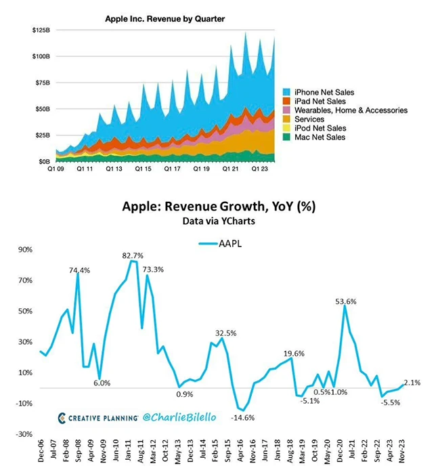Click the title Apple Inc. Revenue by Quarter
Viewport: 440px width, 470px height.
165,19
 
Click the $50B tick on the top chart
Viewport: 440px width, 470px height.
43,109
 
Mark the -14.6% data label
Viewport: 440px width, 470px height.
244,417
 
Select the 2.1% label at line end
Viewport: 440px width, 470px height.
412,383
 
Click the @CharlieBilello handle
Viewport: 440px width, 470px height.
179,417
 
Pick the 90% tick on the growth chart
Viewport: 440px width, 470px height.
26,249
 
